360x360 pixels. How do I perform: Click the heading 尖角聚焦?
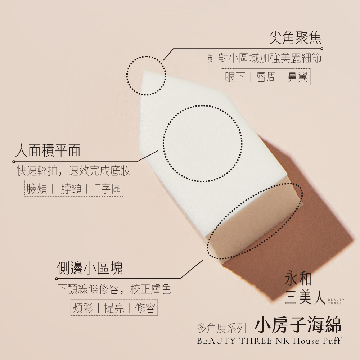click(x=295, y=38)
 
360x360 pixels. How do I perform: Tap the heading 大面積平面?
click(x=48, y=150)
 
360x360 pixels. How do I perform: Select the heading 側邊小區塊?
click(x=90, y=268)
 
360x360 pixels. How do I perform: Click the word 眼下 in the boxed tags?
click(x=235, y=77)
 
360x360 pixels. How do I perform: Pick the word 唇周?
click(x=266, y=77)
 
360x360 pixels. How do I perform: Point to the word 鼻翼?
click(x=297, y=77)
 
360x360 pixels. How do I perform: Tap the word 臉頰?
click(x=36, y=189)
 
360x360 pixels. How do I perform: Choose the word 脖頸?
click(x=71, y=189)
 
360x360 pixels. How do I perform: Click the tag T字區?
click(x=108, y=189)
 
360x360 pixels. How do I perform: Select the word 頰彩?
click(x=83, y=308)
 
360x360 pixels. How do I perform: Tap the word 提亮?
click(x=114, y=308)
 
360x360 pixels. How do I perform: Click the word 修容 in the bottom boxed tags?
click(x=145, y=308)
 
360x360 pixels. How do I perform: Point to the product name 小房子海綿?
click(x=298, y=325)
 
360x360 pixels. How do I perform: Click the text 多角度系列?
click(x=221, y=328)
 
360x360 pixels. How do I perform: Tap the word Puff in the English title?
click(x=332, y=341)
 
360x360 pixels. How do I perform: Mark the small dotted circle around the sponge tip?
click(x=126, y=75)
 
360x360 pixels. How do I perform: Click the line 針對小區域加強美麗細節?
click(x=264, y=58)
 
